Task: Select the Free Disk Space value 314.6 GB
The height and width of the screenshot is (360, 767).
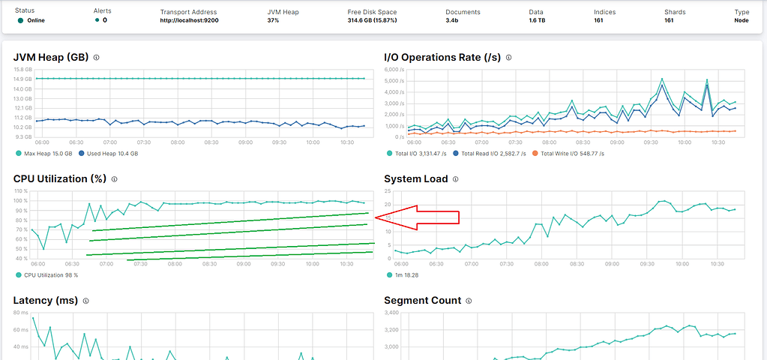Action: pos(372,20)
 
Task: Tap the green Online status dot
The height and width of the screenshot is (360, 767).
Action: pos(20,20)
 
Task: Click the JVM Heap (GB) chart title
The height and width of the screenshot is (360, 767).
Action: pos(51,57)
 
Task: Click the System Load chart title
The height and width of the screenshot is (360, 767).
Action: pos(415,179)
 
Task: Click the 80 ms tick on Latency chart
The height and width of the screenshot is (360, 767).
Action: pos(20,313)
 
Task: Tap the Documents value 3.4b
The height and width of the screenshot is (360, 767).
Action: pos(452,20)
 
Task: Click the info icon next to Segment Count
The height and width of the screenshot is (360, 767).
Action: pos(469,301)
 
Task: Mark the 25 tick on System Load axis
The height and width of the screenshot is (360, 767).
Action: pos(388,191)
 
